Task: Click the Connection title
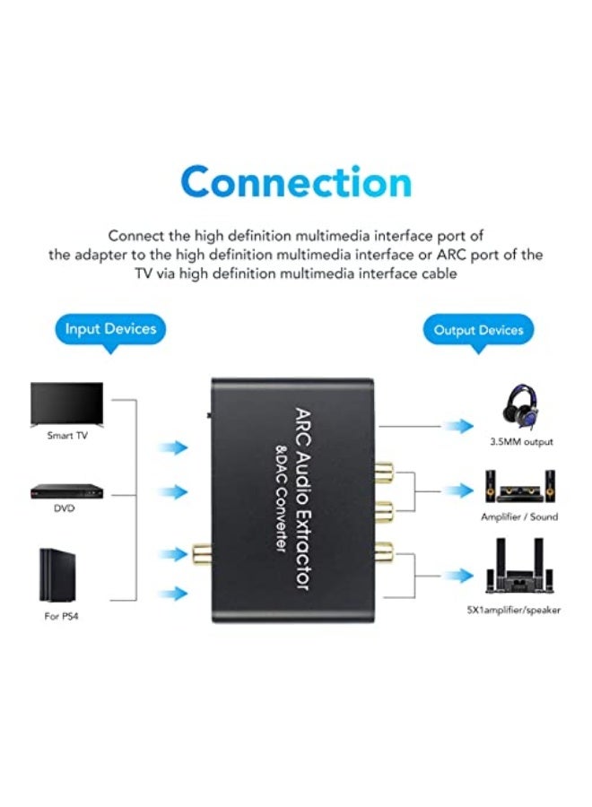click(x=296, y=182)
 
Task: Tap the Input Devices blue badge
click(x=110, y=329)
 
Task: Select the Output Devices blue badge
click(x=478, y=330)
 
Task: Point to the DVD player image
click(x=63, y=491)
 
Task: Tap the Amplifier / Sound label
click(x=518, y=516)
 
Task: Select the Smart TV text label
click(x=67, y=436)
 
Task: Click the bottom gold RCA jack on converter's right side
click(x=385, y=554)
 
